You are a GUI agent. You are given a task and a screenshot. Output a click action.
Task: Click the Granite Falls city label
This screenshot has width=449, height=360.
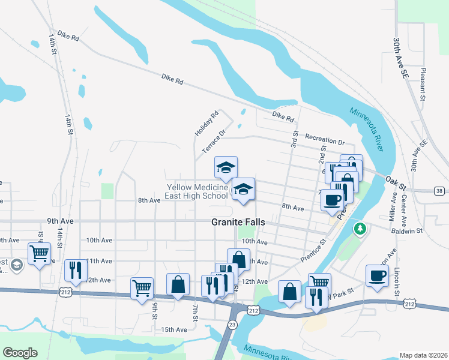[238, 221]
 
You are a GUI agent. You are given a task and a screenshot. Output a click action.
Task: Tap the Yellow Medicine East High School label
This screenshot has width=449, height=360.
[197, 191]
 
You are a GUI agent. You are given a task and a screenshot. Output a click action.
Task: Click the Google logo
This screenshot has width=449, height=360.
[20, 353]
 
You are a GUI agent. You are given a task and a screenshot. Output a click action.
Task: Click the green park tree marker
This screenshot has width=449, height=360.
[360, 229]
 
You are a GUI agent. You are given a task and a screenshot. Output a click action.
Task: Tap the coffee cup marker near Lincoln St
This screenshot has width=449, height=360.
[377, 276]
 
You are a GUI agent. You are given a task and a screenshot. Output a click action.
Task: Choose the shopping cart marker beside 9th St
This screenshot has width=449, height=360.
[142, 288]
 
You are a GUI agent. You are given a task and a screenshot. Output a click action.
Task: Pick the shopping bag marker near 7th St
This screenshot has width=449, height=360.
[178, 284]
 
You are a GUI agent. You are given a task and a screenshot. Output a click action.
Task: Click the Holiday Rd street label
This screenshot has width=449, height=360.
[199, 123]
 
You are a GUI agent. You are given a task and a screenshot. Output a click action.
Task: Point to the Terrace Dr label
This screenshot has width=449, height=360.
[213, 142]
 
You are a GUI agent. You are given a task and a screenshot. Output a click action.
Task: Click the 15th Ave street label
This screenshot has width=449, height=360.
[174, 329]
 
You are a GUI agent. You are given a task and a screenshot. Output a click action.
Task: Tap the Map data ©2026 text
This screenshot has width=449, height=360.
[423, 355]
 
